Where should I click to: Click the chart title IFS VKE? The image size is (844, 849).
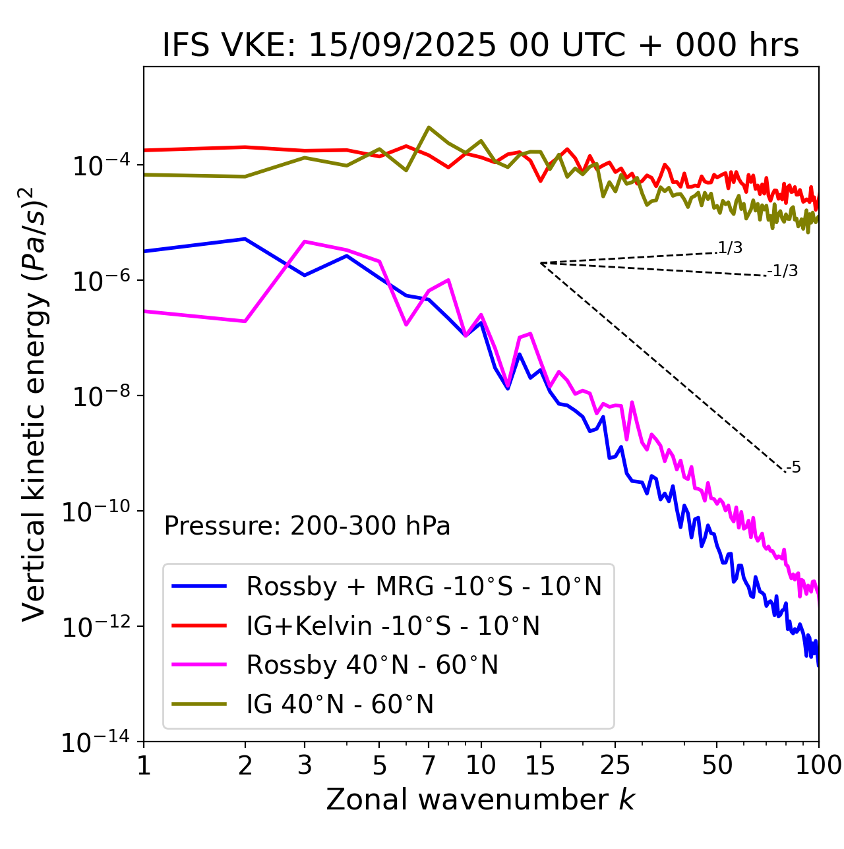481,46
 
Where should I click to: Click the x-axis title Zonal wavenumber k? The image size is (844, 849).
481,800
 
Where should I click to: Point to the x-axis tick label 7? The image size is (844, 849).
429,765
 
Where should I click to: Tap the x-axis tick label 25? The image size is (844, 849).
615,765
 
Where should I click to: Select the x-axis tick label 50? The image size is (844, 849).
717,765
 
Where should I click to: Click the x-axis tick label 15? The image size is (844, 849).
541,765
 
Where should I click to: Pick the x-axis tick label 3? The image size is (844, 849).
305,765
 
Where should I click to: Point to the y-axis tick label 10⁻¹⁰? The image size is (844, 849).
96,512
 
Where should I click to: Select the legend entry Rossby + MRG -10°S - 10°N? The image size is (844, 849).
424,587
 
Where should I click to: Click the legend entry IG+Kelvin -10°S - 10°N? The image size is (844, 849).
393,626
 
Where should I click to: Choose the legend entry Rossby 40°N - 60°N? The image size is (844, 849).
372,666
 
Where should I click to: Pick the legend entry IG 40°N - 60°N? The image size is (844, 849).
340,705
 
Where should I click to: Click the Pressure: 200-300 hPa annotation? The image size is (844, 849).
307,527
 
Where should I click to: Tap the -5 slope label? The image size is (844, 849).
793,468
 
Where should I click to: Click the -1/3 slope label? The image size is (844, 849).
783,271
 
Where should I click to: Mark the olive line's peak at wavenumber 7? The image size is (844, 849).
429,127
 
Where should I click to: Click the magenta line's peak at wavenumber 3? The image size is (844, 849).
305,241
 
